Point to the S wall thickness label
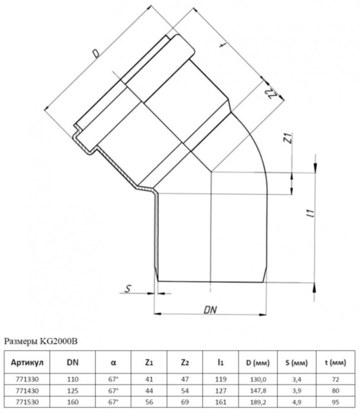(128, 289)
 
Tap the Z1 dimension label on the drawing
(288, 140)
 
